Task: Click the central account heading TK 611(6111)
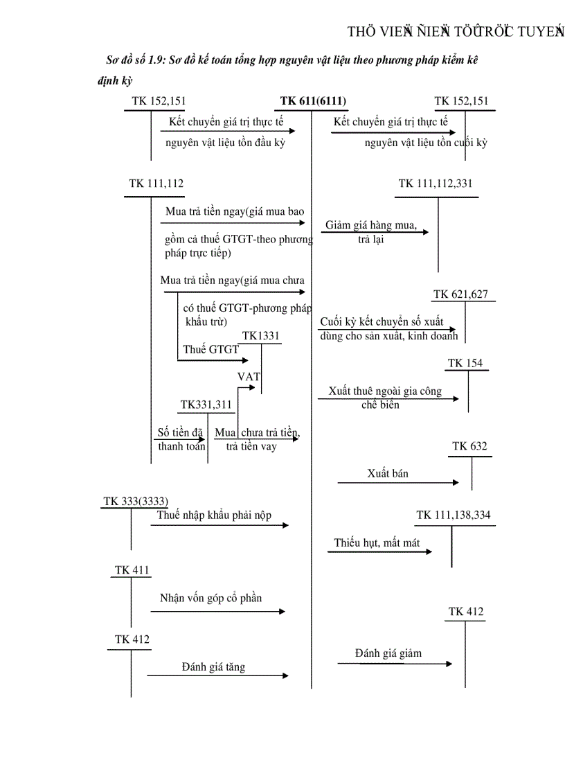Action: pos(313,101)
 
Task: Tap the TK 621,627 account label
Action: pos(460,294)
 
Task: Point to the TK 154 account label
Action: pos(465,363)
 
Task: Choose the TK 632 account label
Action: pos(469,446)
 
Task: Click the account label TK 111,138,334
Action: pos(454,515)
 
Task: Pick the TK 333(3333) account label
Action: pos(136,501)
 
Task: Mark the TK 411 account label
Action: pos(132,570)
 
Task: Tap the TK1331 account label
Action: pos(261,336)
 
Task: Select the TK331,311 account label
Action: pos(206,405)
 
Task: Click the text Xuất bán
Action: pos(388,474)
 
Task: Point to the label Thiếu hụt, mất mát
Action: pos(377,543)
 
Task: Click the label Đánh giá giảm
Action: pos(388,653)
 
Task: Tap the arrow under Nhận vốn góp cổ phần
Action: pos(217,611)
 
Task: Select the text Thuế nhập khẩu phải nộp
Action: pos(214,515)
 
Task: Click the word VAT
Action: pos(249,377)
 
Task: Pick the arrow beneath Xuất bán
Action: pos(398,482)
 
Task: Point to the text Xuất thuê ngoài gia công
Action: pos(385,391)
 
